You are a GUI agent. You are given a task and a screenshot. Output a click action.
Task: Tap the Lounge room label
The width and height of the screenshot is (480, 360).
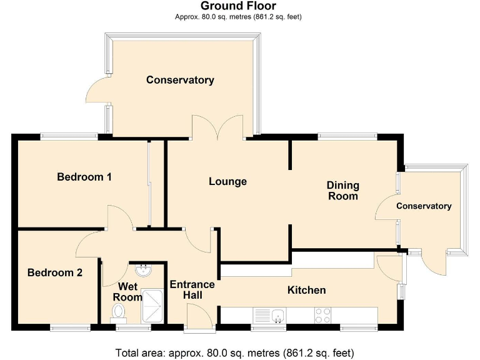(227, 182)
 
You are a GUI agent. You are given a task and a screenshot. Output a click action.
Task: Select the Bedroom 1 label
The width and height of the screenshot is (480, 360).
(84, 177)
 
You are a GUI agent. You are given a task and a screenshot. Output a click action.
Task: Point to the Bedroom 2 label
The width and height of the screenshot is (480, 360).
(55, 273)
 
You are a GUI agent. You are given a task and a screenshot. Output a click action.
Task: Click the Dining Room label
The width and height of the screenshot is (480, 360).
(343, 191)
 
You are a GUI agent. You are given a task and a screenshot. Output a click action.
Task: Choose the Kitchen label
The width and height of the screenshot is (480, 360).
(306, 290)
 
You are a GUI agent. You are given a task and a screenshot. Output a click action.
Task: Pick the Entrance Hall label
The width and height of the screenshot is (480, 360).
(192, 290)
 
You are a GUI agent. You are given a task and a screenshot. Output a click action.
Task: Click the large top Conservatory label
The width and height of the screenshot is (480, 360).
(180, 80)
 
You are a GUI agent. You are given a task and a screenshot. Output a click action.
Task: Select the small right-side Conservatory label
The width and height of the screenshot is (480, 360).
(424, 206)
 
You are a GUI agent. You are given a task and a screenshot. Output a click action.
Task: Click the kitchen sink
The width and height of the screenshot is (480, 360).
(277, 315)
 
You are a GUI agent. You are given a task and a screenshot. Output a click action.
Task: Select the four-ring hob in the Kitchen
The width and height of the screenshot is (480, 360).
(322, 315)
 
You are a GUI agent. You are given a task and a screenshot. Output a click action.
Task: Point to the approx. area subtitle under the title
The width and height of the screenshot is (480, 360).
(238, 17)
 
